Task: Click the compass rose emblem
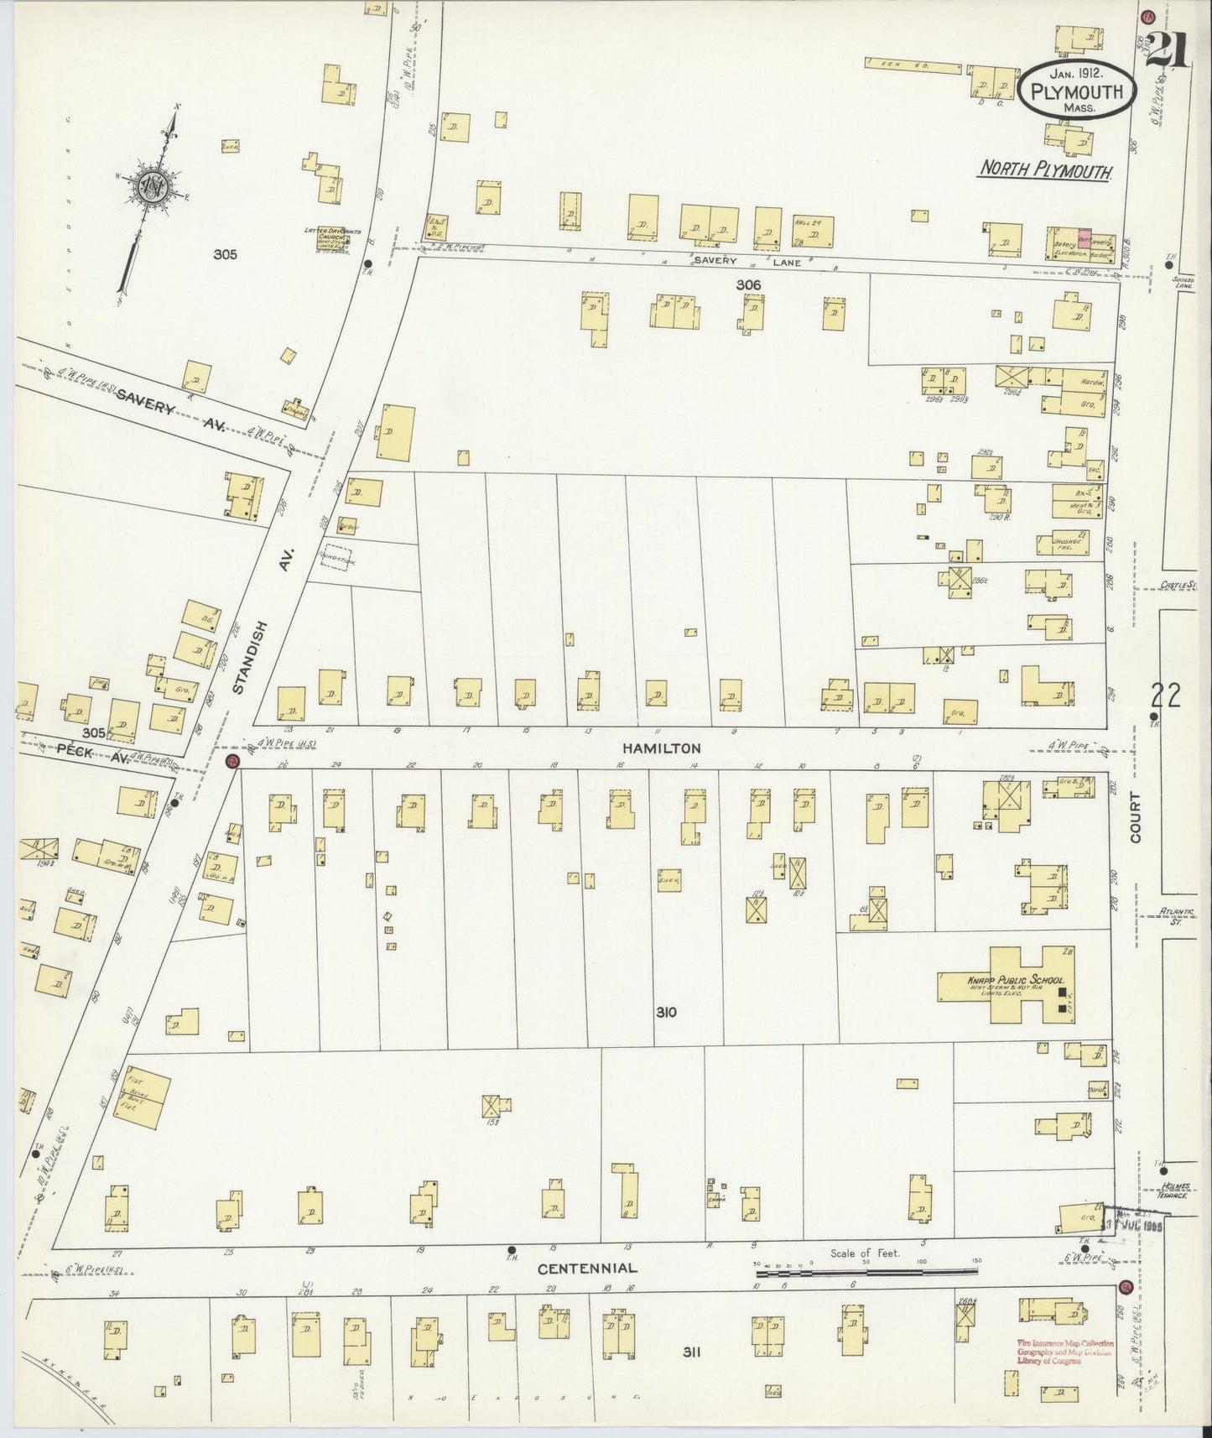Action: [x=156, y=183]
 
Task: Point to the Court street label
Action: [x=1137, y=819]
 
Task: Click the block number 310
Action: [x=666, y=1013]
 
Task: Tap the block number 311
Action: [x=691, y=1352]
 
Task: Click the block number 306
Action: [x=748, y=285]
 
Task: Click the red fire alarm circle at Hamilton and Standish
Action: [x=234, y=761]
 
